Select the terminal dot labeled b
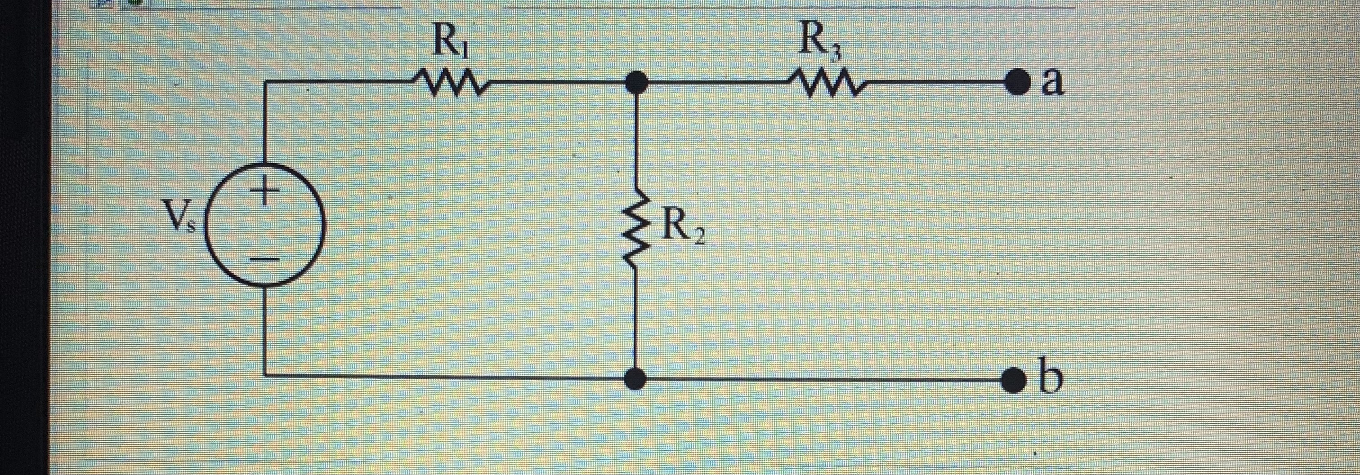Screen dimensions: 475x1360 coord(1015,379)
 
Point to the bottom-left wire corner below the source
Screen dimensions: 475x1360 coord(264,376)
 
